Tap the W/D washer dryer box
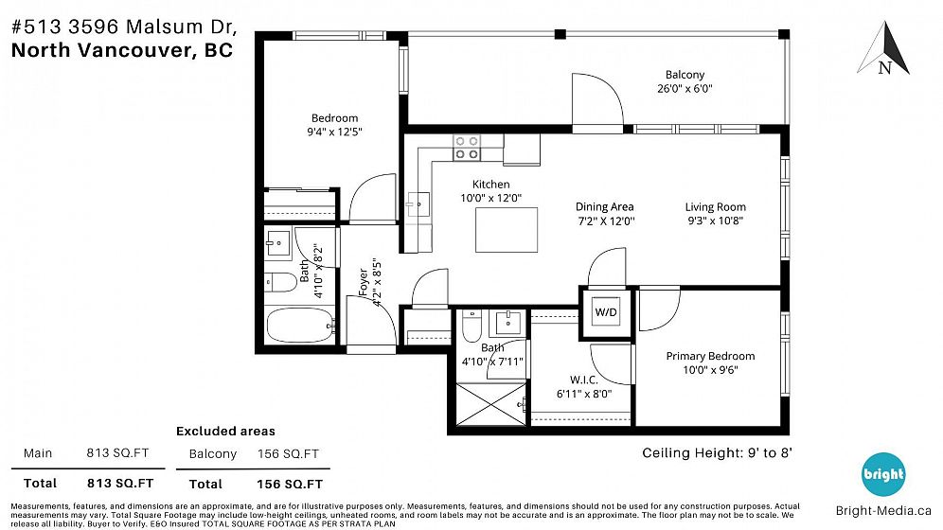click(x=606, y=312)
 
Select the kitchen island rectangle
click(x=507, y=230)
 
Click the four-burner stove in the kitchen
click(x=466, y=148)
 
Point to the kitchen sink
click(x=418, y=204)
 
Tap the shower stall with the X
click(x=491, y=404)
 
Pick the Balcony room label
click(x=685, y=75)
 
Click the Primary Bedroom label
click(x=710, y=356)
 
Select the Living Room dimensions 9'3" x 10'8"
click(x=715, y=221)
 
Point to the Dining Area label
click(x=604, y=206)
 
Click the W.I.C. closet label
click(x=583, y=380)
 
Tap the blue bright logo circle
click(x=882, y=474)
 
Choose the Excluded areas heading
click(x=225, y=431)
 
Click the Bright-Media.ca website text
click(x=883, y=511)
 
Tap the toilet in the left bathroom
click(x=281, y=281)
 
